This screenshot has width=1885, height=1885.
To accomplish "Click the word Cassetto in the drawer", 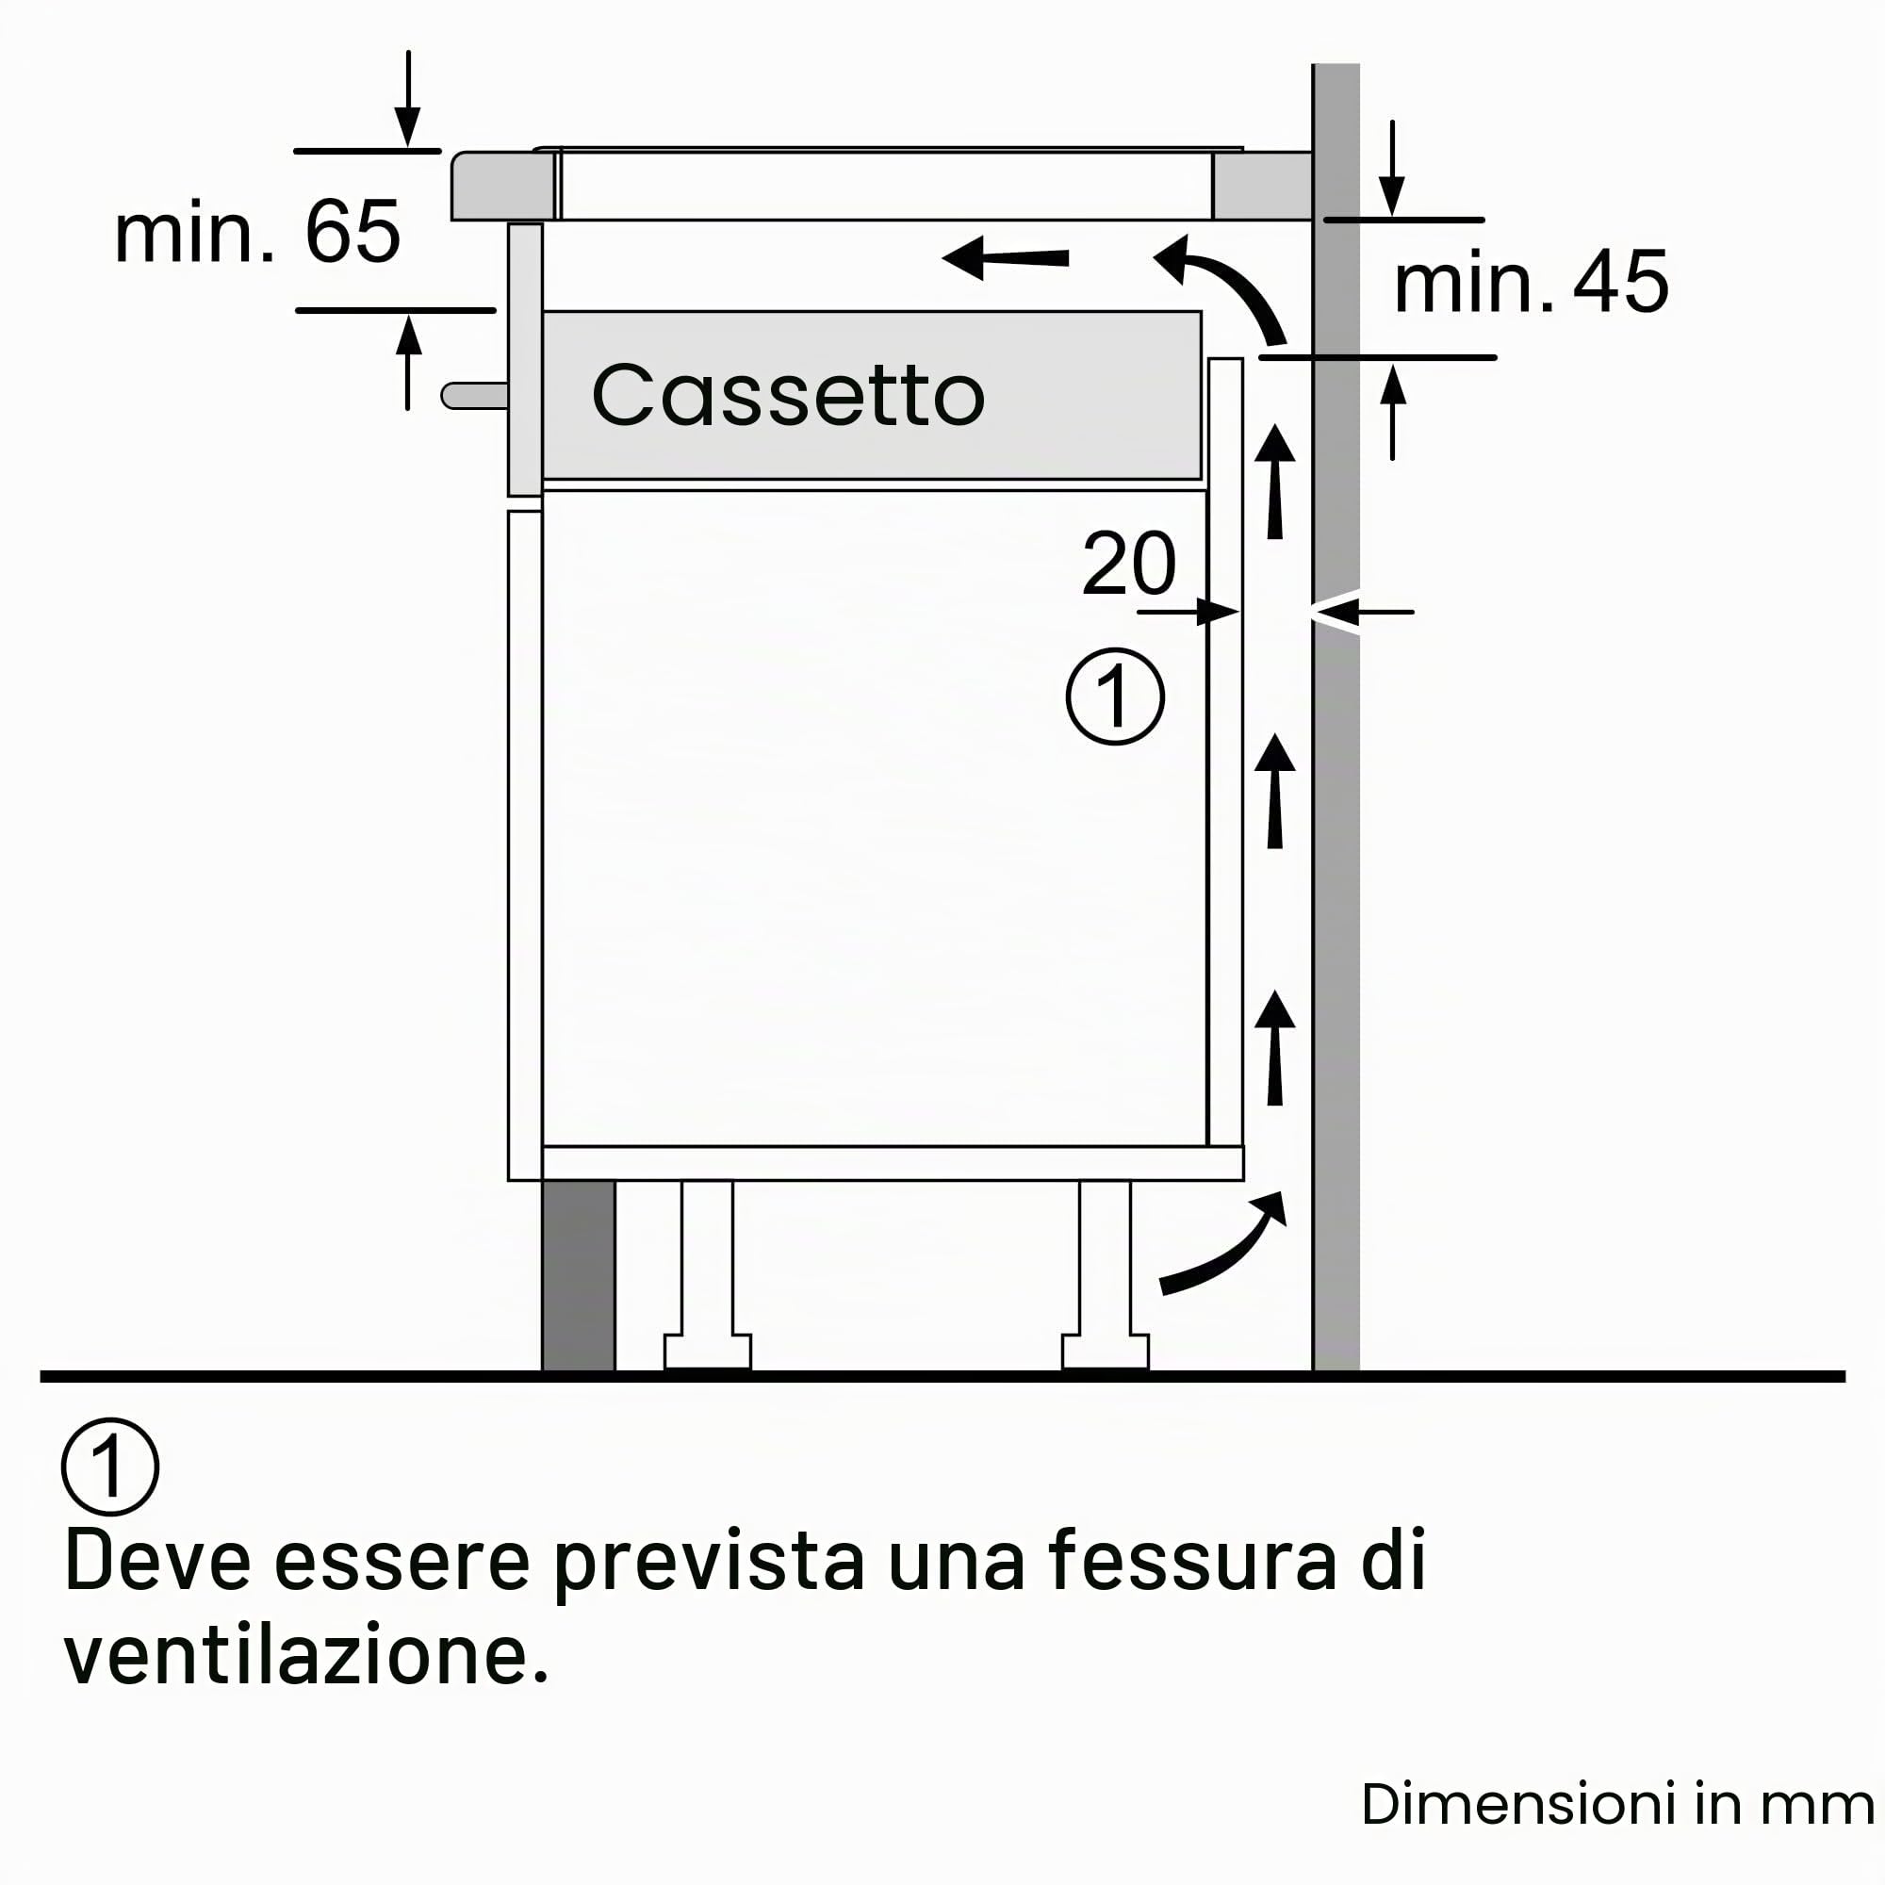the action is click(788, 395).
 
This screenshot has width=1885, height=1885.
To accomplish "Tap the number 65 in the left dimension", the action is click(352, 231).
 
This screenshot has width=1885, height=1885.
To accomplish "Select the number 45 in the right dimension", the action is click(1620, 282).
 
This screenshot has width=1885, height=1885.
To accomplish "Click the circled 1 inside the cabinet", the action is click(1115, 697).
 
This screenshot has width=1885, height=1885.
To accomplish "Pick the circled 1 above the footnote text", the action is click(110, 1467).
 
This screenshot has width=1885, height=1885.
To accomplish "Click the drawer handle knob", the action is click(474, 395).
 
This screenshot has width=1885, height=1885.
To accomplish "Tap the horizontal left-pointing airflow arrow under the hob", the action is click(1005, 257).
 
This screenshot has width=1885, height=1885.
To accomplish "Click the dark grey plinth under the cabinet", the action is click(579, 1275).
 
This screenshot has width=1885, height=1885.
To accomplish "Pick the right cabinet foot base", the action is click(1106, 1352).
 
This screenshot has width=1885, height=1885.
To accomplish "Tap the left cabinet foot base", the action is click(708, 1352).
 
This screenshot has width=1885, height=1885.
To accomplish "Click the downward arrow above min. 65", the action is click(408, 100).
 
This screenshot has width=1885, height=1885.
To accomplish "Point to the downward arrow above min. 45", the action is click(1392, 168).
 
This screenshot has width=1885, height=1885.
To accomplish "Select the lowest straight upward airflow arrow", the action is click(1274, 1047).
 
